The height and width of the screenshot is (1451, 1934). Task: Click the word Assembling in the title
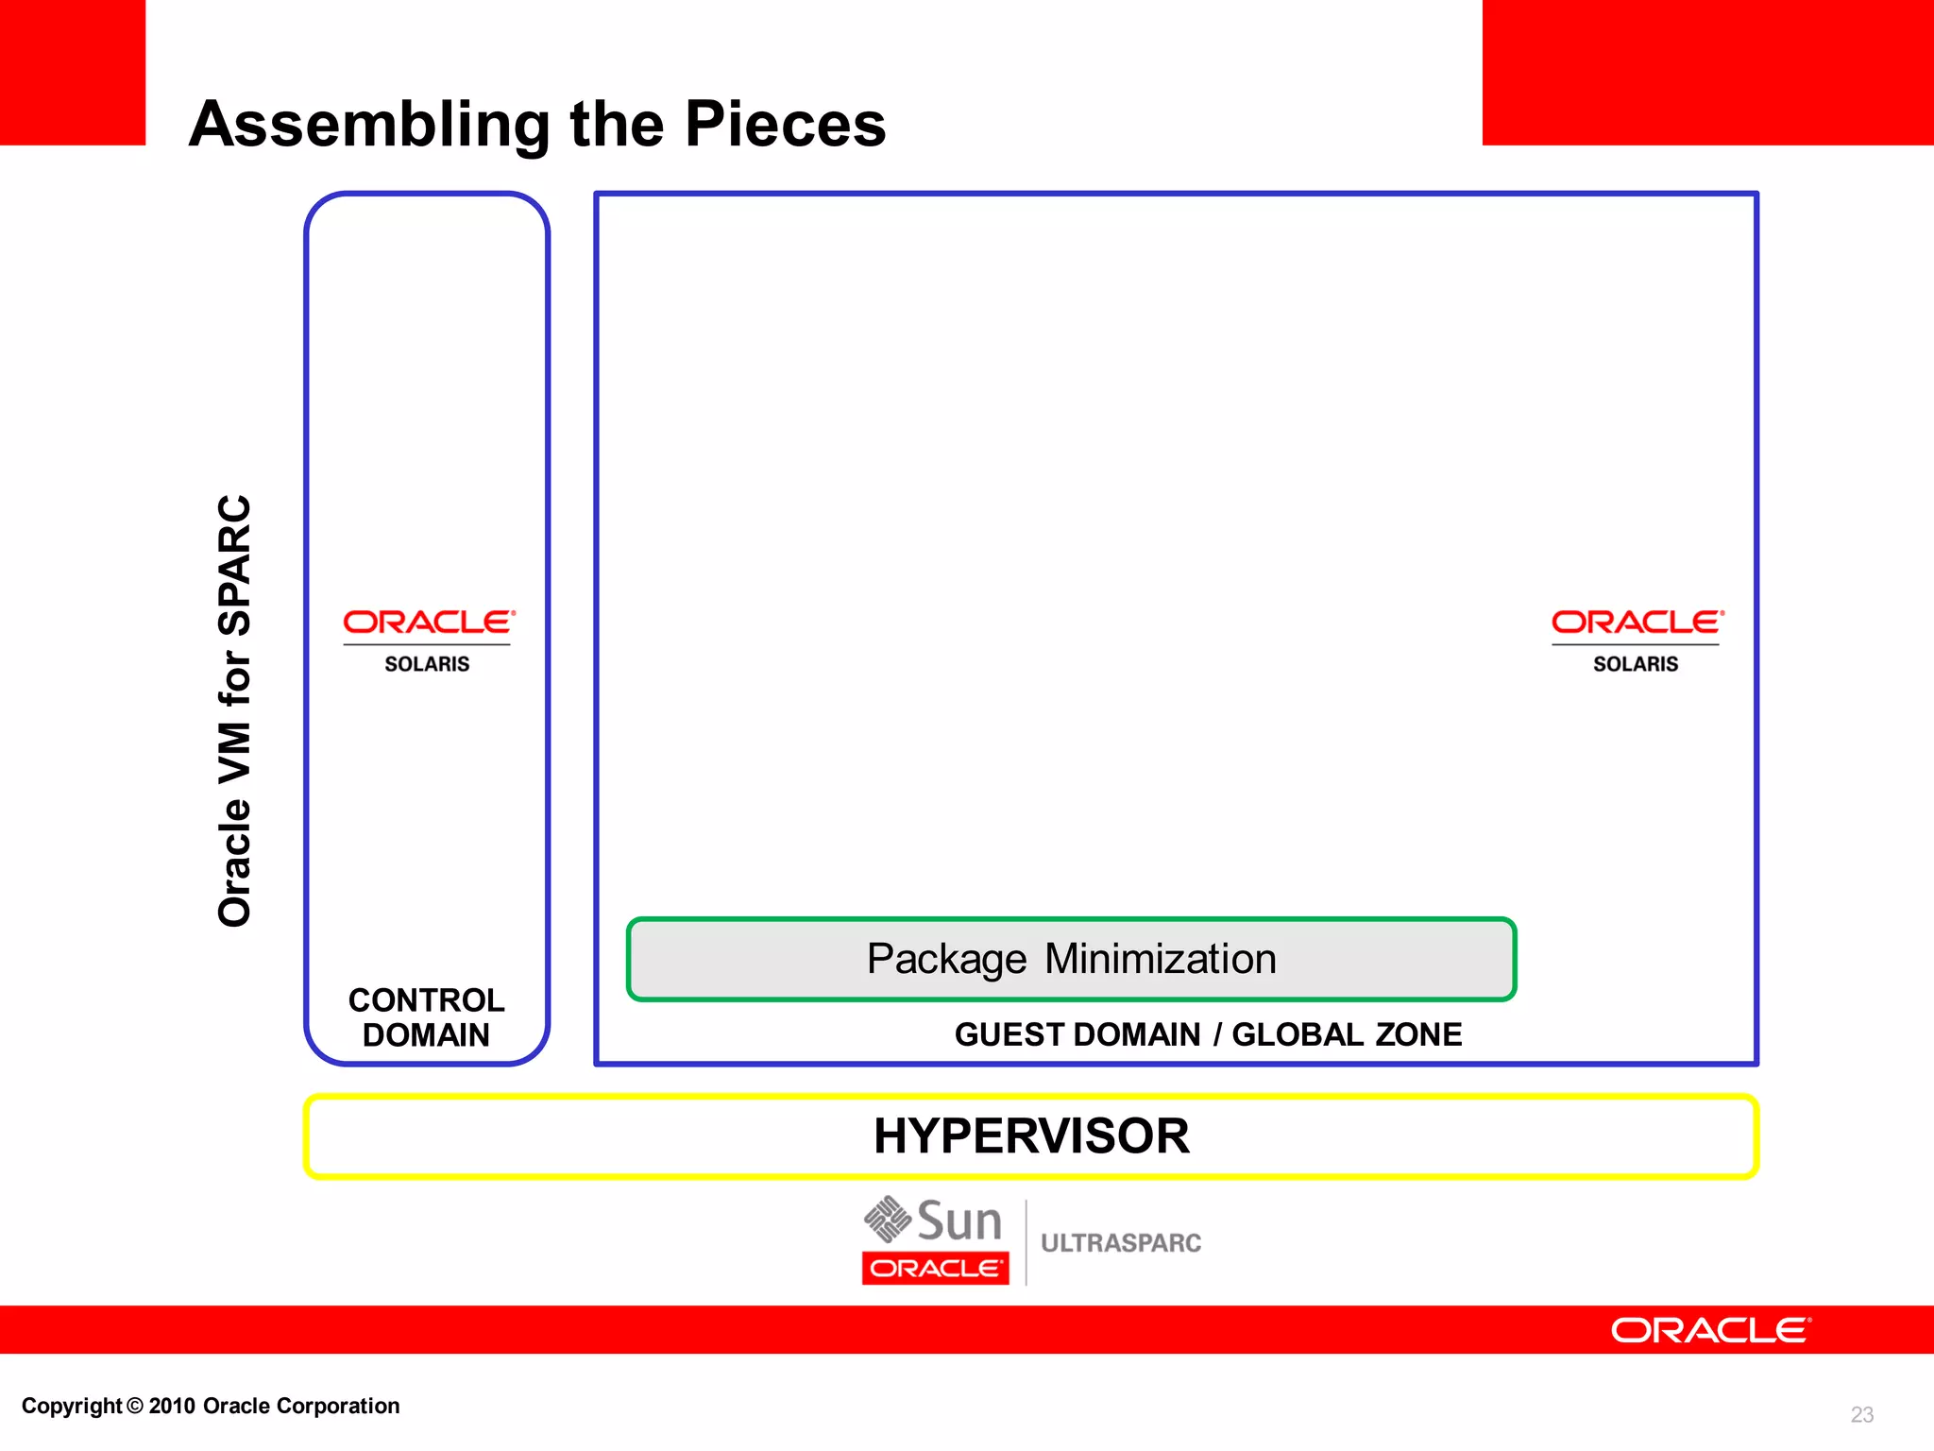pos(369,125)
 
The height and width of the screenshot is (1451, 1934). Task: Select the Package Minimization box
pos(1071,959)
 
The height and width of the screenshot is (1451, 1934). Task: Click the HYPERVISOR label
pos(1031,1136)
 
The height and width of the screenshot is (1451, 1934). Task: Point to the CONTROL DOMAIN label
pos(426,1017)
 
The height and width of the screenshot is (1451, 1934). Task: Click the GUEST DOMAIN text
pos(1077,1034)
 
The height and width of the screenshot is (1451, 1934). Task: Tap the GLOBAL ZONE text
pos(1347,1034)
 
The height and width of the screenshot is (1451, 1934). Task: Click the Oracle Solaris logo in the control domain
pos(428,640)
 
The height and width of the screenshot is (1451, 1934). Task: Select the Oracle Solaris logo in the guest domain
pos(1637,640)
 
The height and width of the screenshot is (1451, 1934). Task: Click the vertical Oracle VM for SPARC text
pos(235,710)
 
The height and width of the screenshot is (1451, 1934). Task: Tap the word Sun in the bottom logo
pos(959,1221)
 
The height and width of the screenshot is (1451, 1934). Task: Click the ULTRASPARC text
pos(1121,1243)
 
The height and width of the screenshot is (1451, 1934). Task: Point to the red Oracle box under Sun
pos(935,1269)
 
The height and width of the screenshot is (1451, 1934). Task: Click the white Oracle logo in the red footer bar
pos(1710,1330)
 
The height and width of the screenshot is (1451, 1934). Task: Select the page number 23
pos(1861,1414)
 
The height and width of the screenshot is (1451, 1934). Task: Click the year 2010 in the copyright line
pos(172,1407)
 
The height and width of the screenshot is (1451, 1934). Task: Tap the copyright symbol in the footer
pos(135,1407)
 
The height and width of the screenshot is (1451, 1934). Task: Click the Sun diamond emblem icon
pos(887,1219)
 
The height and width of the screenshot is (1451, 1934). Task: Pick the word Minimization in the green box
pos(1161,959)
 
